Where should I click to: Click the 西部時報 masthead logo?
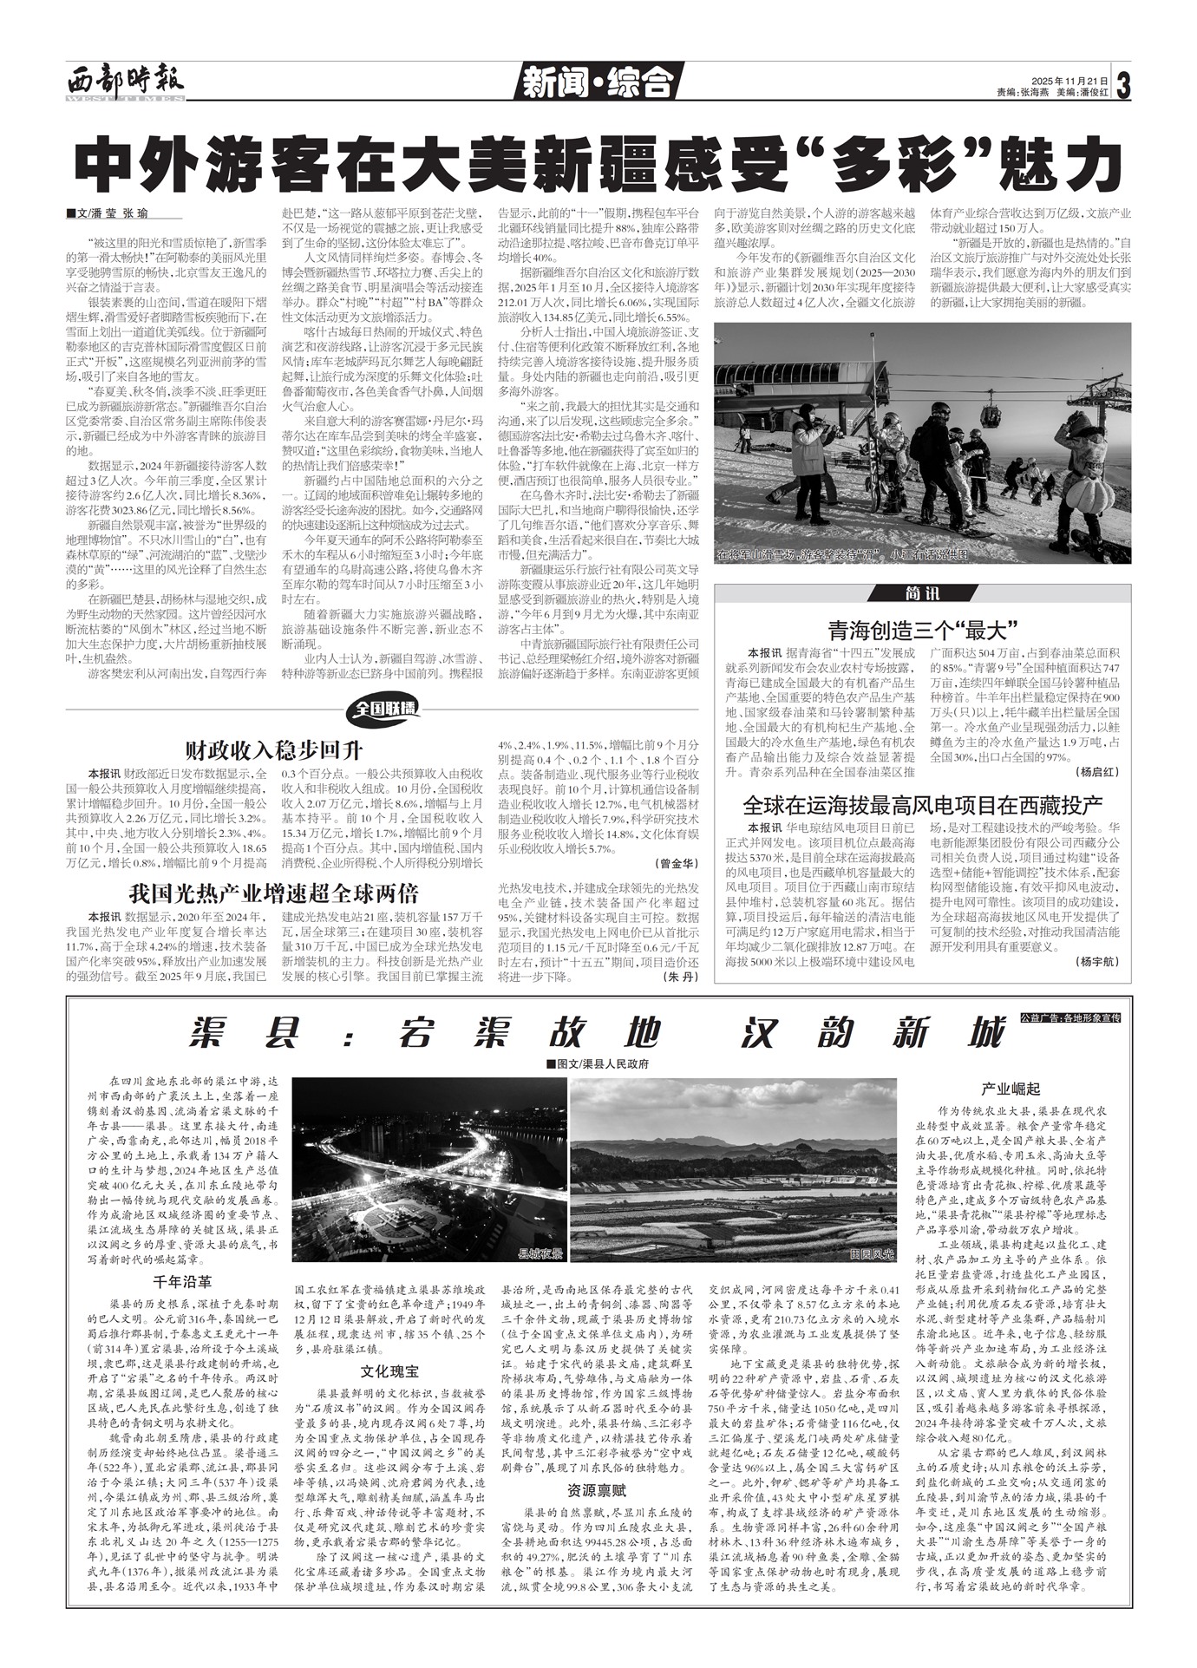pyautogui.click(x=126, y=82)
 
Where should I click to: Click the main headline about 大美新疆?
pyautogui.click(x=598, y=161)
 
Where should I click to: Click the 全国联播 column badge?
pyautogui.click(x=384, y=710)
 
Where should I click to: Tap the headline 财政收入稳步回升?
pyautogui.click(x=274, y=749)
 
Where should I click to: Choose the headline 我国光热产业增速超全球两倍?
pyautogui.click(x=274, y=893)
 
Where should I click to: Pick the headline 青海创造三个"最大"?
pyautogui.click(x=922, y=629)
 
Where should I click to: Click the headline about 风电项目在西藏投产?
pyautogui.click(x=922, y=803)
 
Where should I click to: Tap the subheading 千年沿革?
pyautogui.click(x=182, y=1280)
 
